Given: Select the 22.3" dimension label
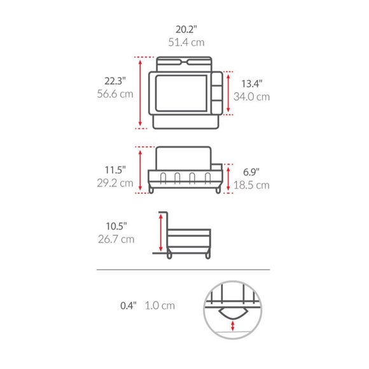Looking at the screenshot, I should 116,81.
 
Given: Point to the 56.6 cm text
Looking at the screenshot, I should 116,94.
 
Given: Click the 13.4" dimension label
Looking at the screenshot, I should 252,83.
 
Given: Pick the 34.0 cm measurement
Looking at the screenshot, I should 252,97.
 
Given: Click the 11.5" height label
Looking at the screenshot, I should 116,170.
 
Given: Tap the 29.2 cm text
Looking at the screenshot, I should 116,183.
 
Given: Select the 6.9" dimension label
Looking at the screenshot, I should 251,172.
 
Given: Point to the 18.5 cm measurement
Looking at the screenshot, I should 252,185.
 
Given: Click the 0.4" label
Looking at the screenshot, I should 129,305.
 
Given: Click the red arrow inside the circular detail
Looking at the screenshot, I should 234,326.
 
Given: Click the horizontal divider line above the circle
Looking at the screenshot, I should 183,270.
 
